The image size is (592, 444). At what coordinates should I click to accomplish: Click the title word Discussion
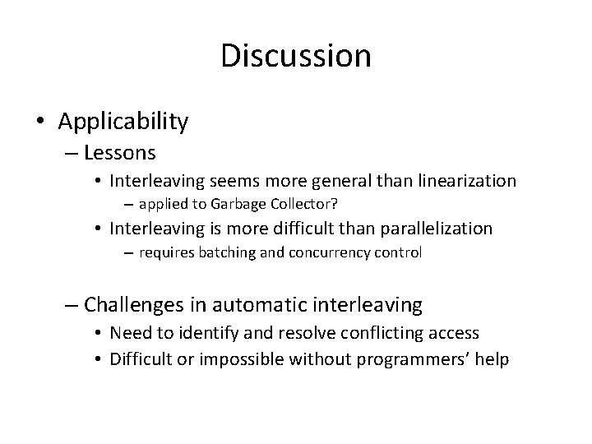(x=296, y=56)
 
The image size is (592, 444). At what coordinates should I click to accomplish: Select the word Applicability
(x=123, y=122)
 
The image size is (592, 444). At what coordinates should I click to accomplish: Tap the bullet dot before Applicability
(x=42, y=123)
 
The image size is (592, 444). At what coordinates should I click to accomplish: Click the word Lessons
(x=120, y=152)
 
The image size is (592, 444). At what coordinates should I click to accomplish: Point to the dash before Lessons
(x=72, y=153)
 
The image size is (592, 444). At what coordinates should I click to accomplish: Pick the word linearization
(x=469, y=179)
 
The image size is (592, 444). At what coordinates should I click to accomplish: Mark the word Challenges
(x=140, y=305)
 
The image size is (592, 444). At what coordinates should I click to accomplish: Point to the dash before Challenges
(x=72, y=306)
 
